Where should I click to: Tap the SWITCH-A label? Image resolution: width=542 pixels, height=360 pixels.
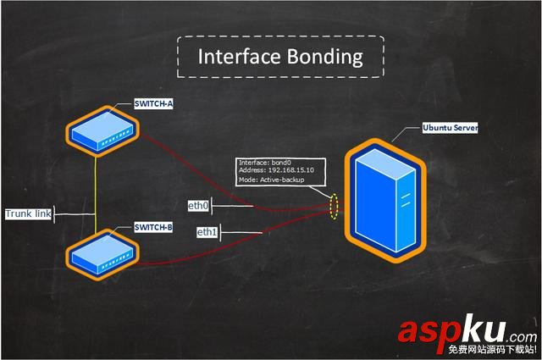coord(153,104)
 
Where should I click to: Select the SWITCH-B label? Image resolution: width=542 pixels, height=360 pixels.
coord(153,227)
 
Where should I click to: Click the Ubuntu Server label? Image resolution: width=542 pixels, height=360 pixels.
coord(451,129)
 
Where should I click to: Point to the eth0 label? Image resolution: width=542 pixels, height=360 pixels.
coord(197,205)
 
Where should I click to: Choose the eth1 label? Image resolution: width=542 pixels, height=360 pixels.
coord(207,232)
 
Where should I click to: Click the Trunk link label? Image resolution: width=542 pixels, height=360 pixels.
coord(28,214)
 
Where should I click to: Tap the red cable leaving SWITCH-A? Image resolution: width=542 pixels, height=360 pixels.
coord(195,165)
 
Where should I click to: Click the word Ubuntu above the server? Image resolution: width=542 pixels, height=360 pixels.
coord(437,129)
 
